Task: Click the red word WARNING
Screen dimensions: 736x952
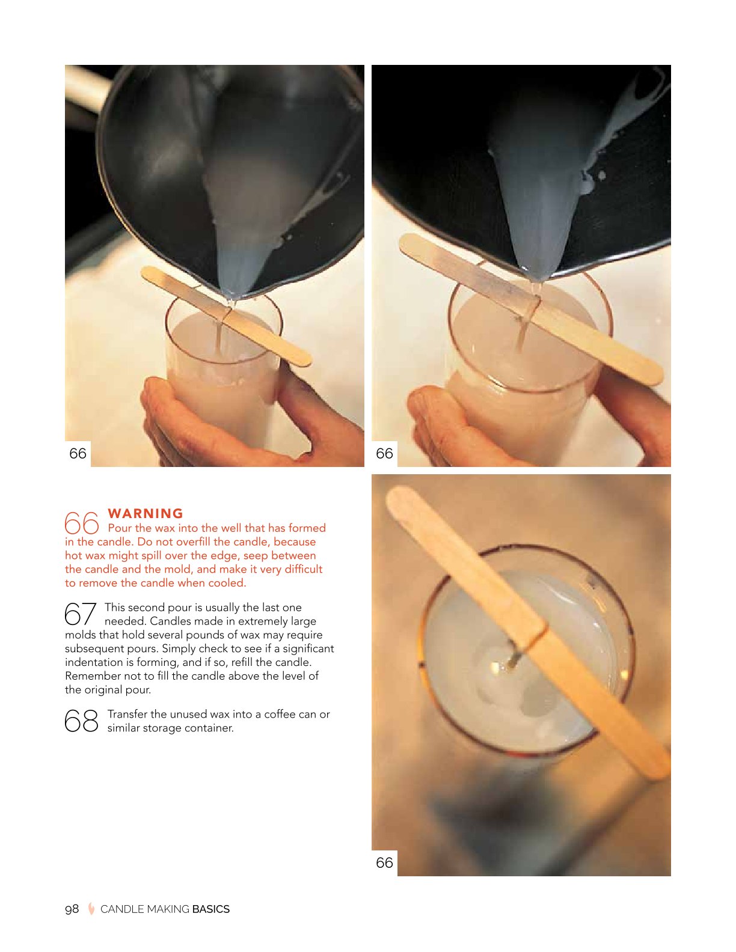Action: coord(145,513)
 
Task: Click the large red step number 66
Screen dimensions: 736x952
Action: coord(82,523)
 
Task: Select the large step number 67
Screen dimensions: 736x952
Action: coord(80,614)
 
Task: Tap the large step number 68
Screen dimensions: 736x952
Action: coord(82,721)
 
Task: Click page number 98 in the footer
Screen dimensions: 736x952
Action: coord(72,909)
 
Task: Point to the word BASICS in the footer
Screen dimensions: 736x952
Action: coord(211,909)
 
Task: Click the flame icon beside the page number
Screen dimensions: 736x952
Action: coord(91,909)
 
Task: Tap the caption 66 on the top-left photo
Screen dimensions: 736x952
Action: coord(78,453)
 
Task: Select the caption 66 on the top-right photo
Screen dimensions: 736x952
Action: coord(384,453)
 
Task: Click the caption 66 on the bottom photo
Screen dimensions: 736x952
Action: coord(384,862)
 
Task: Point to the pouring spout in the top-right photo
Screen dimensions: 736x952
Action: coord(536,274)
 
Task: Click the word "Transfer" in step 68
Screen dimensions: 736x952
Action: coord(127,714)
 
